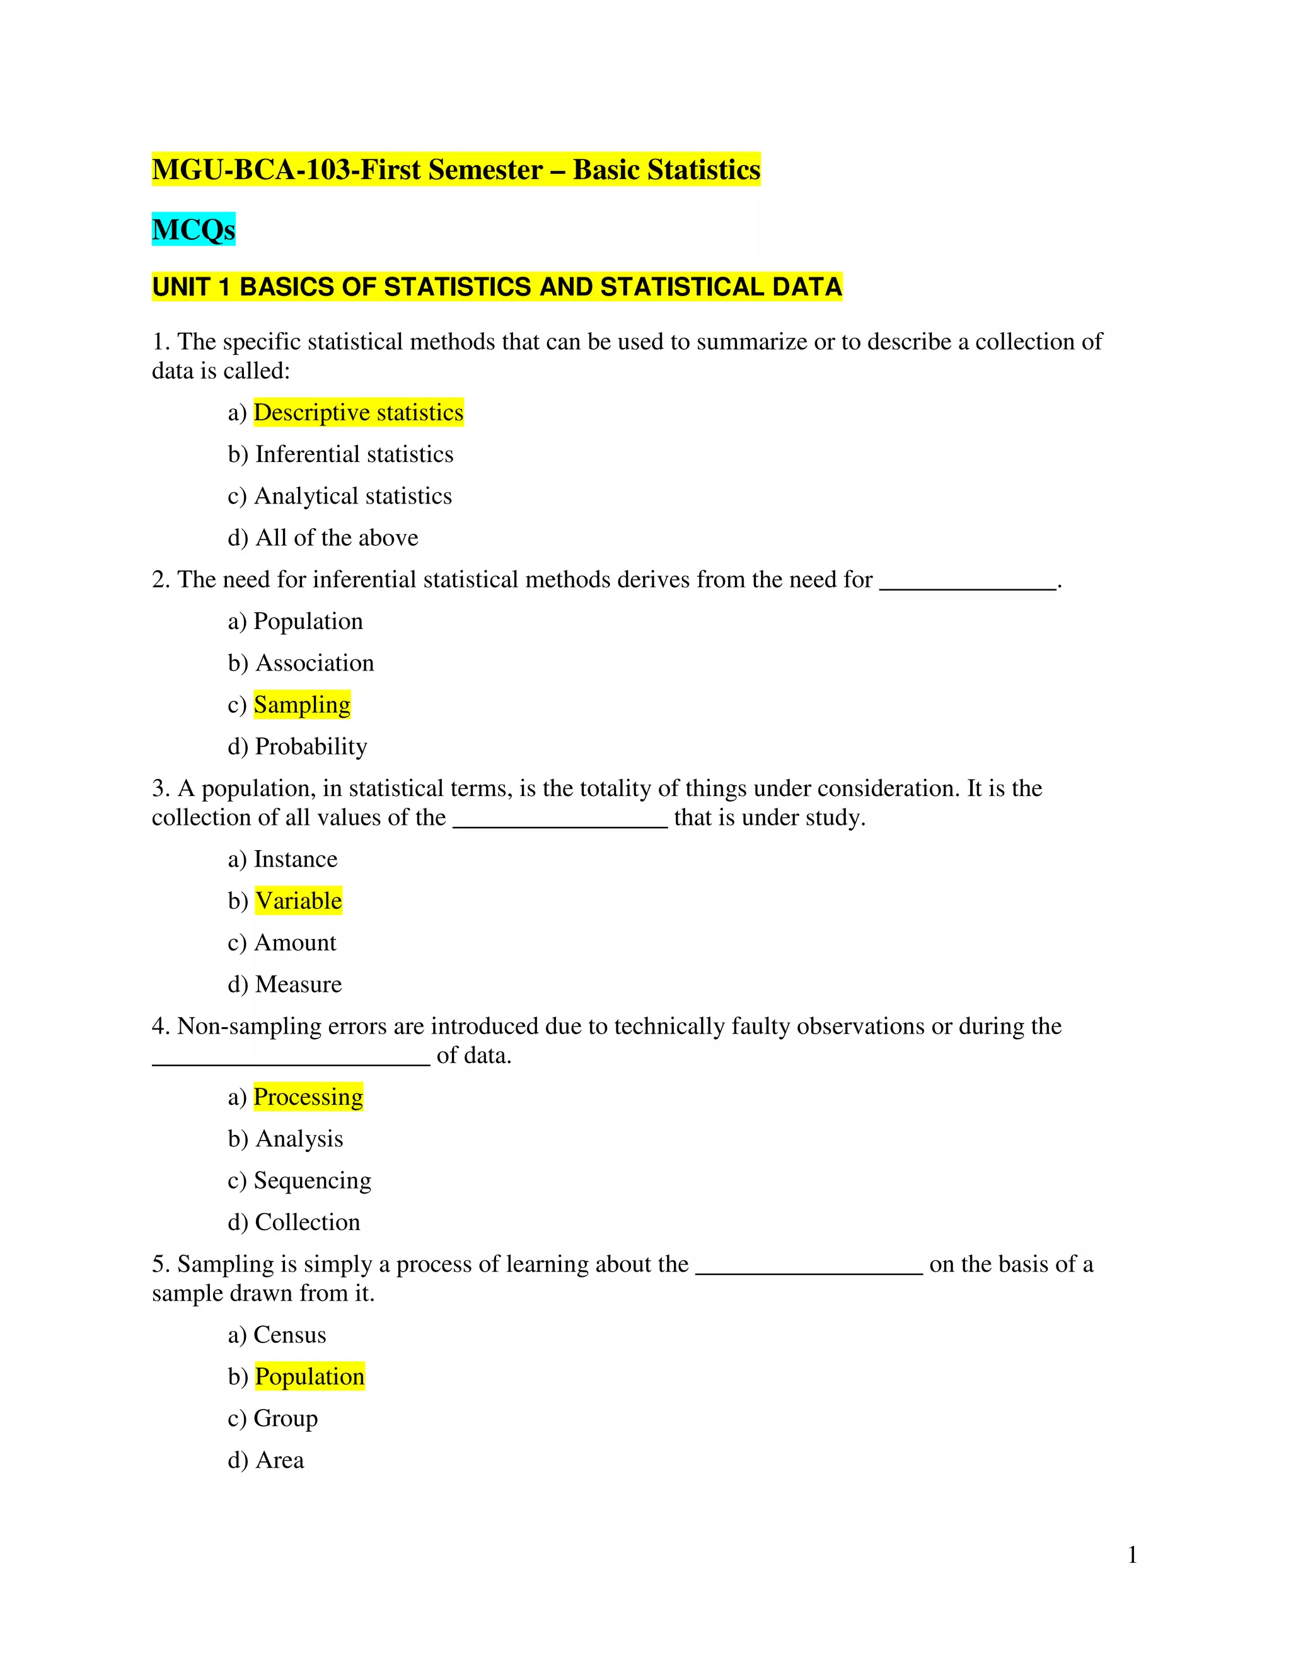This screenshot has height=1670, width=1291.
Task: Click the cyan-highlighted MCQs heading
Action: (194, 229)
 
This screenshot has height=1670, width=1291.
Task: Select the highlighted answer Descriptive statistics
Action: (358, 413)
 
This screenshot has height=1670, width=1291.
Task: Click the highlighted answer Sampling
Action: (302, 705)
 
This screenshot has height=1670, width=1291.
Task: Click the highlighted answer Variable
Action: (298, 901)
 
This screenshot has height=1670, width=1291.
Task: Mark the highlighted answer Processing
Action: (308, 1097)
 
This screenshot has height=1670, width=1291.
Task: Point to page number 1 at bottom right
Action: (1133, 1555)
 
